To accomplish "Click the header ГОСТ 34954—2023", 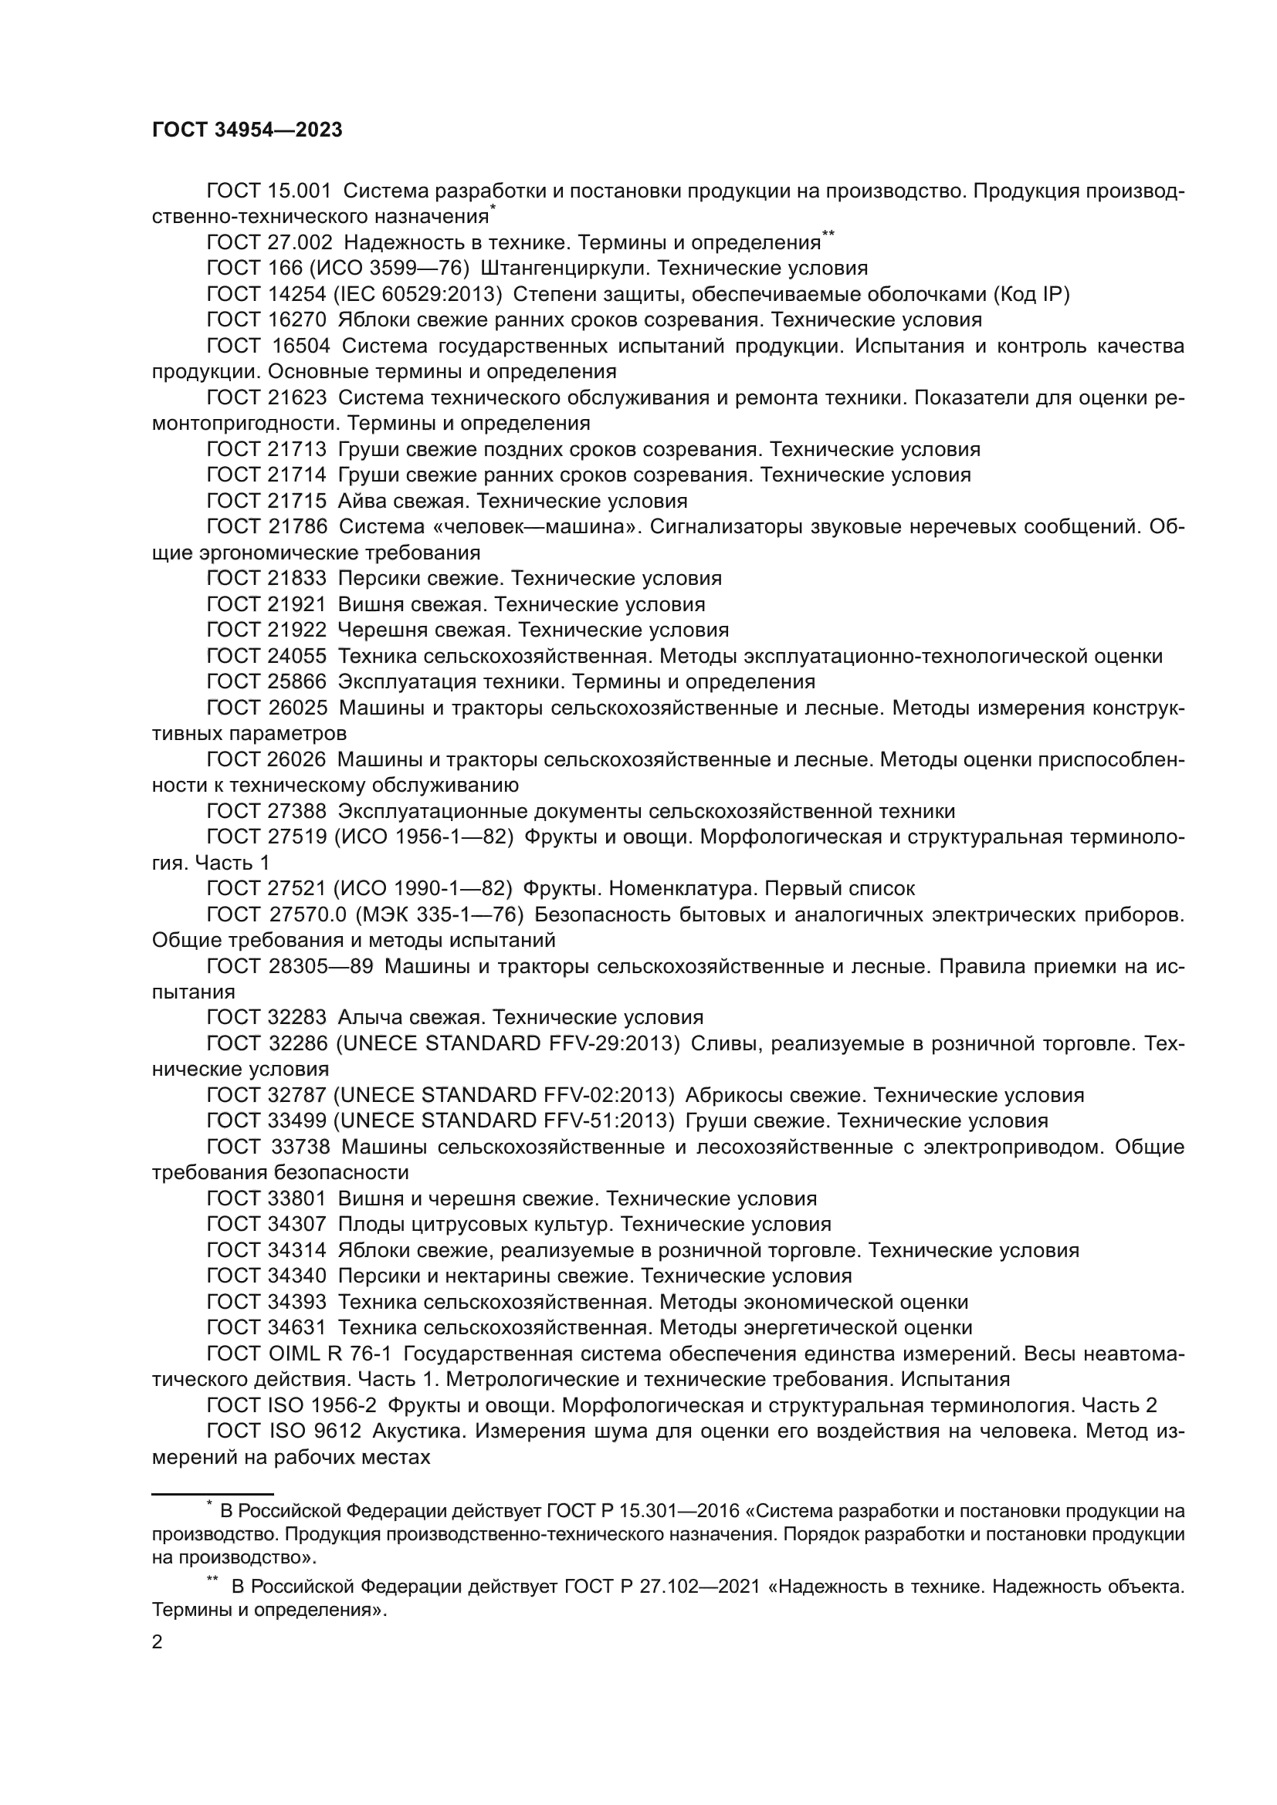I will (x=247, y=130).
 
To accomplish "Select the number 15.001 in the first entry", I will (x=300, y=191).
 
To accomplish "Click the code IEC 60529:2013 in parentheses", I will (x=418, y=294).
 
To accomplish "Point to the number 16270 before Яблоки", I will (x=297, y=320).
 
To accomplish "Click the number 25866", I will (x=297, y=681).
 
